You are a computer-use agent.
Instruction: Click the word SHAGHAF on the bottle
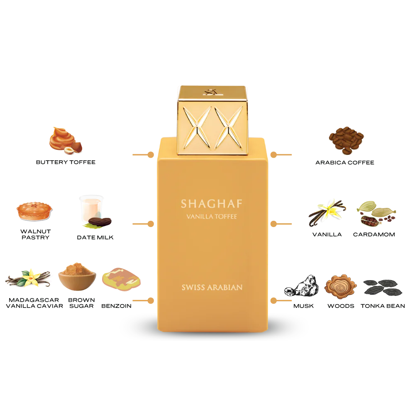[212, 204]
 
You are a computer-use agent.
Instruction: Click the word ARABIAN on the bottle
[227, 287]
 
